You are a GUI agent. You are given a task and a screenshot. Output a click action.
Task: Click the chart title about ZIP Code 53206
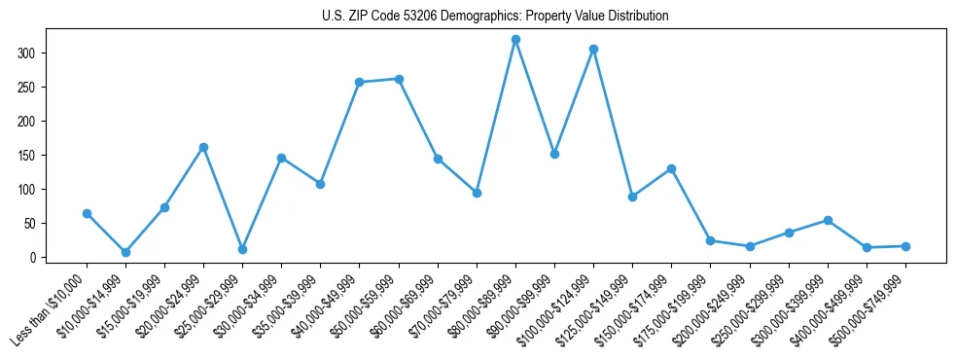(495, 17)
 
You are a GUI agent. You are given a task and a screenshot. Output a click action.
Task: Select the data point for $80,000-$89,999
(515, 40)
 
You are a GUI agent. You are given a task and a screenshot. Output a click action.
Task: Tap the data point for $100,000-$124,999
(593, 49)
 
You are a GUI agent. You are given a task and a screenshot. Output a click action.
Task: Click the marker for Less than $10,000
(87, 213)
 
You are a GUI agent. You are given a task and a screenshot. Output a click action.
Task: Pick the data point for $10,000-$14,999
(125, 252)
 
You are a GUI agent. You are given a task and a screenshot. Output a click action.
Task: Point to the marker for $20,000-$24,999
(203, 147)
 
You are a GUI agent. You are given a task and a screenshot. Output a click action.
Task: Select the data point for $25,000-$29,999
(242, 249)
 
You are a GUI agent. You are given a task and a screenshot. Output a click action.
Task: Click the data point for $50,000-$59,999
(399, 79)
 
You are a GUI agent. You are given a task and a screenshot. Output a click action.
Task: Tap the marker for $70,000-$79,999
(477, 193)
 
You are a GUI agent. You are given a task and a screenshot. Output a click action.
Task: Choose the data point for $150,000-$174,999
(671, 168)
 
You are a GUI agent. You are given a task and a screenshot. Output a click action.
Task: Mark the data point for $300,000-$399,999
(828, 220)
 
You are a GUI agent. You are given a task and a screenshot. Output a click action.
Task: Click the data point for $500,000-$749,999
(905, 246)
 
